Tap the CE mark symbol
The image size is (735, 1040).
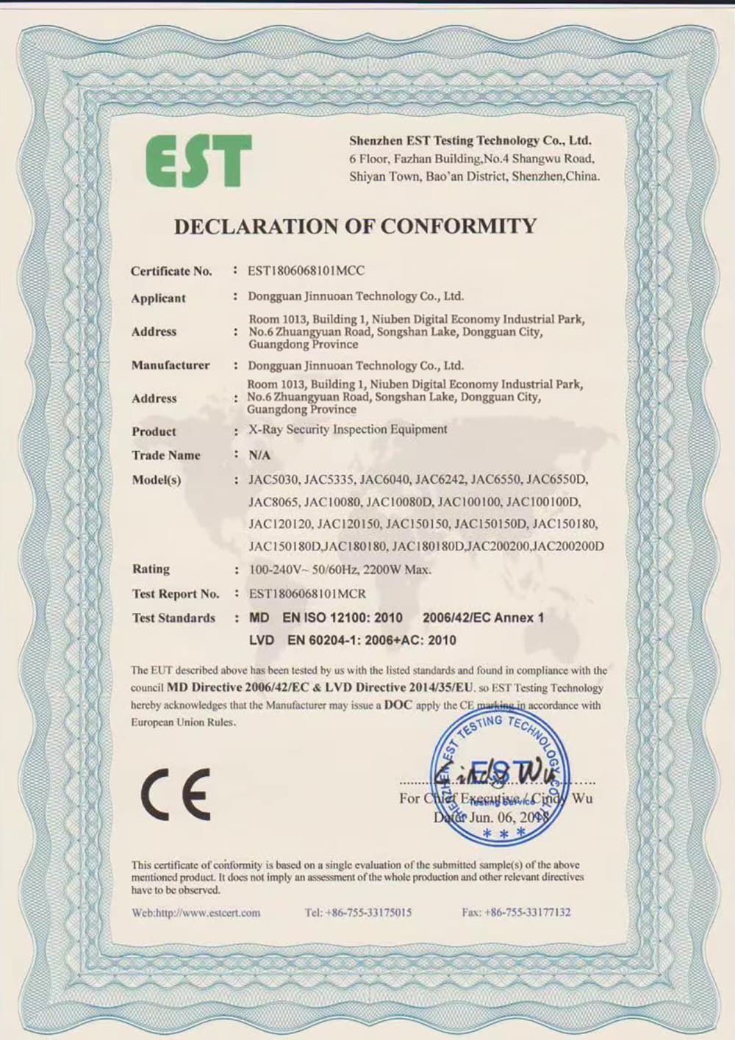[x=176, y=795]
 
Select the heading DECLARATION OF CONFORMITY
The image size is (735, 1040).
[x=355, y=226]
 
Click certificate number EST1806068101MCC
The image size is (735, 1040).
[x=306, y=270]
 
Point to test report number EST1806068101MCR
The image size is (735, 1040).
[x=307, y=593]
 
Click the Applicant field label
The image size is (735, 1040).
[x=158, y=298]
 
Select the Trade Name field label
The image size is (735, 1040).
[x=166, y=456]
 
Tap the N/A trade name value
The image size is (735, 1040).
[x=259, y=456]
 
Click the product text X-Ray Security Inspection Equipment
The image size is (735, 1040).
[x=348, y=429]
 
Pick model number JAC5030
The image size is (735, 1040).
[x=273, y=480]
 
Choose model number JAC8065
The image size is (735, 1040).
[x=273, y=502]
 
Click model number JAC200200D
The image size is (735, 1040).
[x=568, y=546]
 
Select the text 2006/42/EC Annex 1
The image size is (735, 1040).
[x=483, y=618]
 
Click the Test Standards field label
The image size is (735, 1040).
[x=173, y=618]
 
